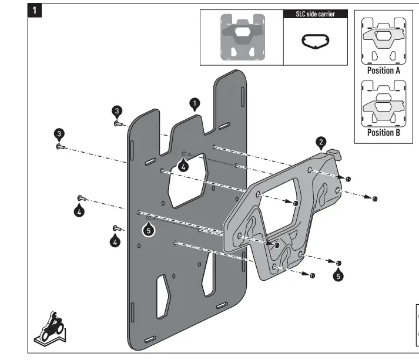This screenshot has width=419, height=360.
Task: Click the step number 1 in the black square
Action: tap(36, 10)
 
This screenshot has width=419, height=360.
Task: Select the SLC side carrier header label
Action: tap(316, 14)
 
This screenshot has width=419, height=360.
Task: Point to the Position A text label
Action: tap(384, 70)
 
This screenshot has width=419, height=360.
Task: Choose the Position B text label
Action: tap(384, 132)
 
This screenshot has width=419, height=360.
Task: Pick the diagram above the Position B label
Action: tap(384, 103)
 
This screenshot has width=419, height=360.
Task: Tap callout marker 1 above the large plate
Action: tap(195, 104)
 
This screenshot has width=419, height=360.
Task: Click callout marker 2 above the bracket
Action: tap(321, 142)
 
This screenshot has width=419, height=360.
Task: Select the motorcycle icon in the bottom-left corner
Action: tap(50, 328)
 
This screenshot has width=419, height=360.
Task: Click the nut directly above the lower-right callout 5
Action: tap(339, 263)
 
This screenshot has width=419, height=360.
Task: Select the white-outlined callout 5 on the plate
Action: tap(149, 230)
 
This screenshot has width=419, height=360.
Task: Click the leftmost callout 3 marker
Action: tap(59, 133)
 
